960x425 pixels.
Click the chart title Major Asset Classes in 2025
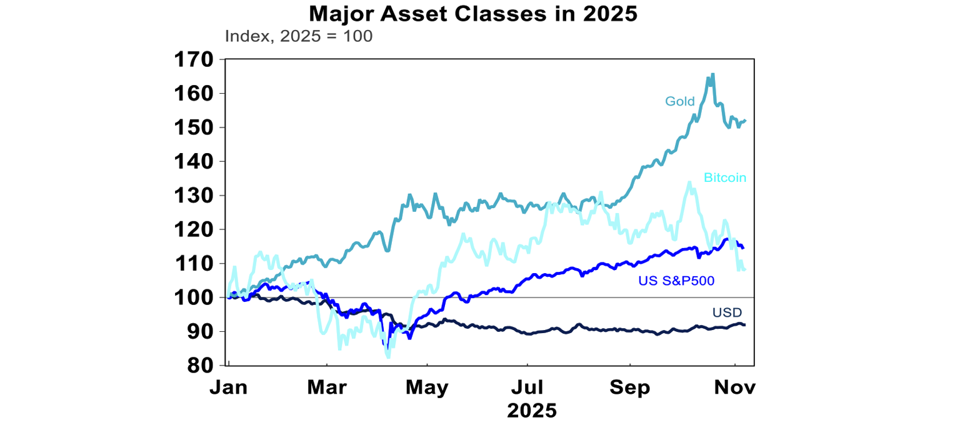click(472, 14)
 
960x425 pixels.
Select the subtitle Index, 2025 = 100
click(298, 36)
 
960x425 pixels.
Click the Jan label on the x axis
click(229, 387)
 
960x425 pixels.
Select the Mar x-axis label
click(327, 387)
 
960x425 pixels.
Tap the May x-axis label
click(427, 387)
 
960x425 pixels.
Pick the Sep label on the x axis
click(630, 387)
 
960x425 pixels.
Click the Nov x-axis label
click(735, 387)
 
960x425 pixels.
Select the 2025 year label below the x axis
click(531, 411)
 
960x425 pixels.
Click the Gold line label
click(679, 101)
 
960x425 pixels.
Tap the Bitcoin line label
click(725, 177)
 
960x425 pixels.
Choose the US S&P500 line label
click(676, 281)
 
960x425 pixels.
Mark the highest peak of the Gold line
click(713, 74)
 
